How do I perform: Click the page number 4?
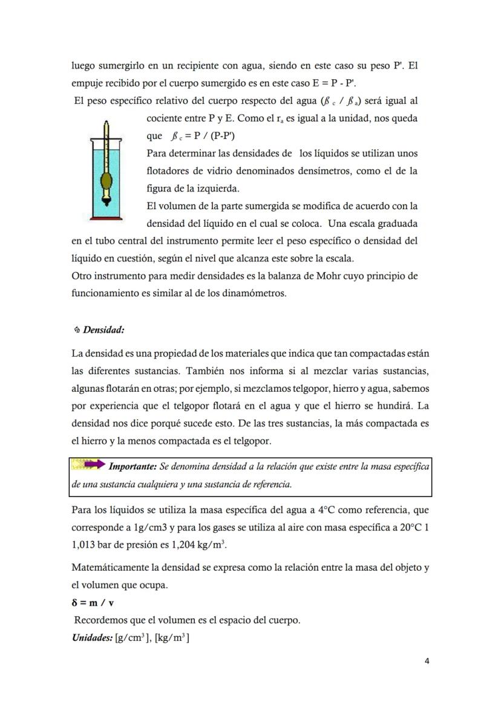[427, 661]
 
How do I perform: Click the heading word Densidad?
[103, 330]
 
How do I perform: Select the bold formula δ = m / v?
[93, 603]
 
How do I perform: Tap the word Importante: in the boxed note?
[133, 467]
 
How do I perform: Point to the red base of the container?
[106, 218]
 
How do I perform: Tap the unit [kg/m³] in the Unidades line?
[172, 638]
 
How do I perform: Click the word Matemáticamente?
[109, 568]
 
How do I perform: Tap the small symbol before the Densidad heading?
[77, 330]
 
